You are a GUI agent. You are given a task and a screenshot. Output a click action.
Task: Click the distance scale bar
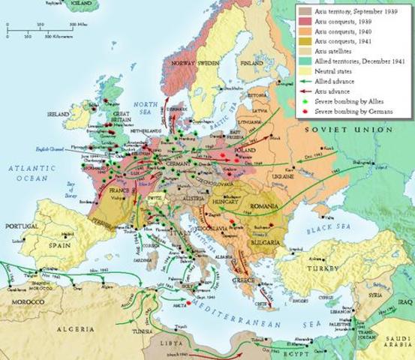[41, 30]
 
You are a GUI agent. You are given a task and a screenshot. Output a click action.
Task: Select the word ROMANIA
[265, 204]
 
